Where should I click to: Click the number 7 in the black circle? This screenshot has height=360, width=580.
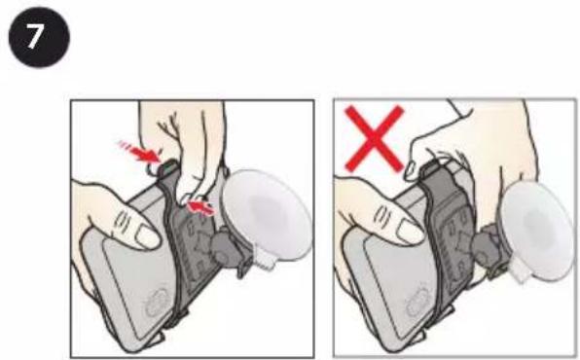[x=34, y=37]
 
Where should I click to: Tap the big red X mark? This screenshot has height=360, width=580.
[x=374, y=139]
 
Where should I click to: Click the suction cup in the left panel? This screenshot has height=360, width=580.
[x=267, y=214]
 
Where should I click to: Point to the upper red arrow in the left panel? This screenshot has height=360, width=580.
[x=140, y=152]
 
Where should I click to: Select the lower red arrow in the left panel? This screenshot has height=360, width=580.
[x=200, y=207]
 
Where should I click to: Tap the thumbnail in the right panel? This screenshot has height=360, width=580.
[x=410, y=232]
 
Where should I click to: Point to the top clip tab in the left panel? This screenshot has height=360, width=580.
[x=169, y=166]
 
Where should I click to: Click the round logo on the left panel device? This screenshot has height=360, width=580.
[x=158, y=303]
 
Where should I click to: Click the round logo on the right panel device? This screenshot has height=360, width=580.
[x=418, y=302]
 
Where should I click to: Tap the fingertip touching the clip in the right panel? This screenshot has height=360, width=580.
[x=412, y=171]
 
